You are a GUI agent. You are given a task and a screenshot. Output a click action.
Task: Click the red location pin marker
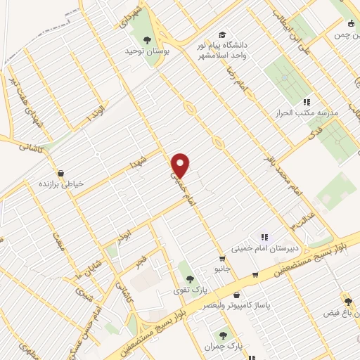coord(181,165)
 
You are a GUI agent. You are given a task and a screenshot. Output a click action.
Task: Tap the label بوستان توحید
coord(144,51)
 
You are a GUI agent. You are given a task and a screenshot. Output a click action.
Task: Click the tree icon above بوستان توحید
coord(147,39)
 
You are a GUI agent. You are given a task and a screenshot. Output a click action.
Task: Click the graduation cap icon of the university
coord(222,34)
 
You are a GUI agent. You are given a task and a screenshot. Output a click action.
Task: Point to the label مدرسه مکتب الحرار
coord(309,112)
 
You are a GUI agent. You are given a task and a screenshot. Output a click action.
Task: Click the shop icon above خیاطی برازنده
coord(60,172)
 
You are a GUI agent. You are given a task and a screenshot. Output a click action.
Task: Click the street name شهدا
coord(136,163)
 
